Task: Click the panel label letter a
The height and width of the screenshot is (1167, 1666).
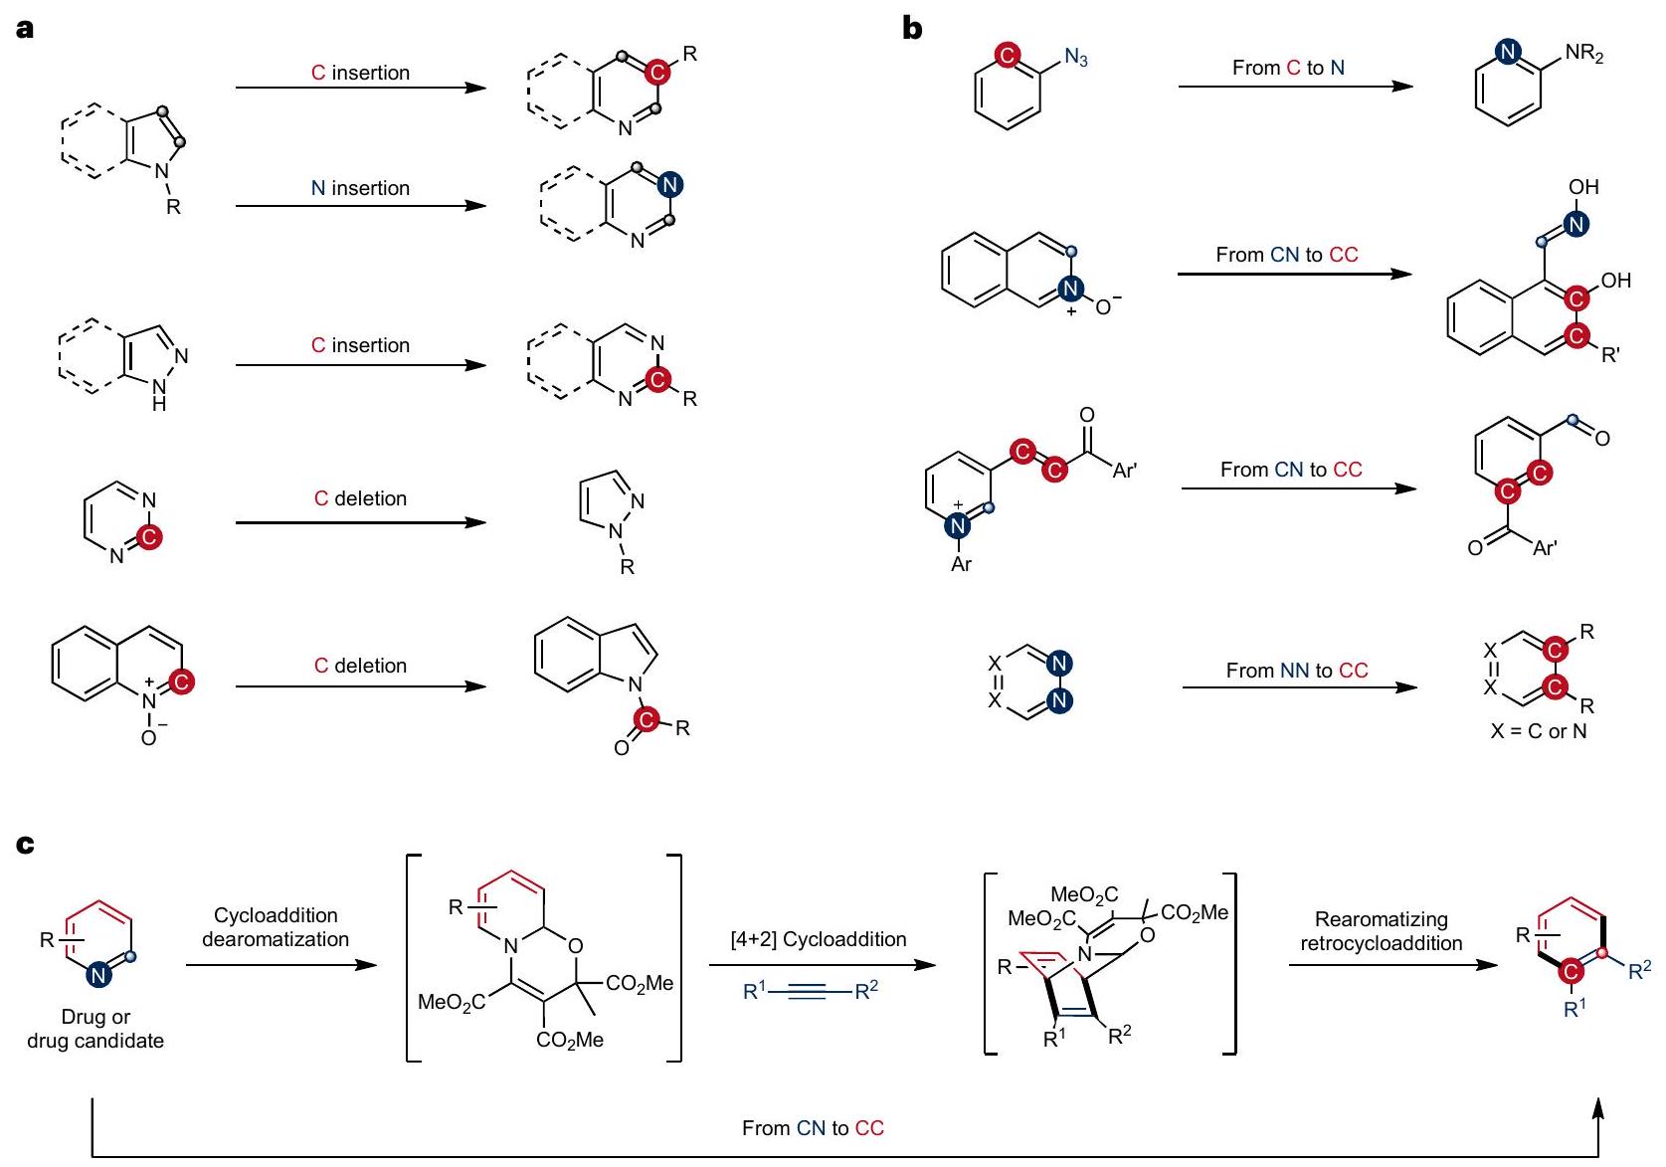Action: (25, 29)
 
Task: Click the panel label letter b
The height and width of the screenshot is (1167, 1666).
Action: (911, 29)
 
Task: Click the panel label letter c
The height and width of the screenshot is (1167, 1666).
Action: (25, 845)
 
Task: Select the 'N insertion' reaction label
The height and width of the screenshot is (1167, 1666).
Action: (360, 188)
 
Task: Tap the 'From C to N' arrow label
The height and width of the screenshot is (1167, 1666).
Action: (1288, 68)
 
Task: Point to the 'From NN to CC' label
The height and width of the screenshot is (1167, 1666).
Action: (1296, 671)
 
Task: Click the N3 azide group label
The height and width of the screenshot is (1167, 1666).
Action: (1076, 59)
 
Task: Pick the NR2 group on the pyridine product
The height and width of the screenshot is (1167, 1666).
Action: (1583, 55)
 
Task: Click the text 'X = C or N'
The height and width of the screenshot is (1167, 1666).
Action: (1538, 731)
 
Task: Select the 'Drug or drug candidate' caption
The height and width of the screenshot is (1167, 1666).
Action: (95, 1029)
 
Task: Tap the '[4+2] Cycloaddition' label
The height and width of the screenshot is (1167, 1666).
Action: (819, 939)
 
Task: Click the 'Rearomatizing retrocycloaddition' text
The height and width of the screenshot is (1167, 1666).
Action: (1381, 931)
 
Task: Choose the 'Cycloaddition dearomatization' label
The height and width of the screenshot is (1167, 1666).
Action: (276, 927)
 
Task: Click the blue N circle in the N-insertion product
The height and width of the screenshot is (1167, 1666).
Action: (670, 184)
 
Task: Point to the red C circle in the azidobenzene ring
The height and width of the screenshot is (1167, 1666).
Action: (1007, 55)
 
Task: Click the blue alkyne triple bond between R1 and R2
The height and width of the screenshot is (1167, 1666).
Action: (812, 992)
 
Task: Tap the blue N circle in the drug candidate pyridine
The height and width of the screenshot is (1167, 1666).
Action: (98, 975)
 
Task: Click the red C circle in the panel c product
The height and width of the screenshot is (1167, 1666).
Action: (1572, 971)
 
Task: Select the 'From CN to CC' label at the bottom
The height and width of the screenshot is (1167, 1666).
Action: (813, 1128)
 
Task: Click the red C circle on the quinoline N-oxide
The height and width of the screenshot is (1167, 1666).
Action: (181, 681)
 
